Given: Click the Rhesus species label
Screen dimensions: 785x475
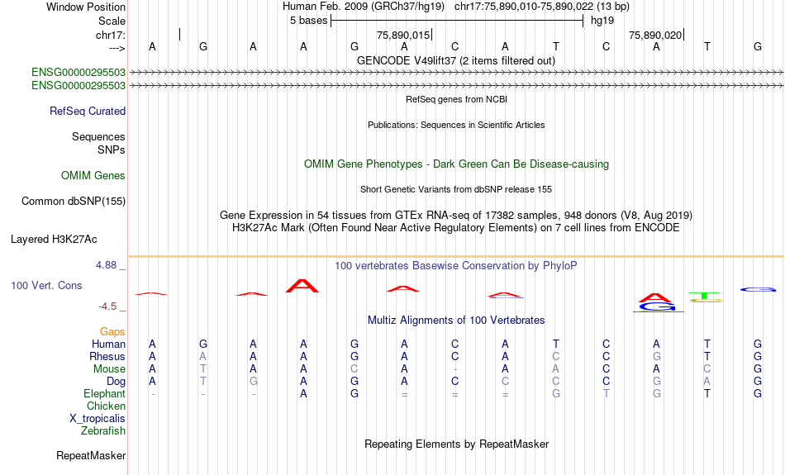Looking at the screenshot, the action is click(x=107, y=356).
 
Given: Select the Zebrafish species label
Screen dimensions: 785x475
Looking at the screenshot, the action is click(x=103, y=430).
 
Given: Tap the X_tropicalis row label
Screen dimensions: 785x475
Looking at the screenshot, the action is click(x=98, y=419).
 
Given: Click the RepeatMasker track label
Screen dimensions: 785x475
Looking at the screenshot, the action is click(x=91, y=455).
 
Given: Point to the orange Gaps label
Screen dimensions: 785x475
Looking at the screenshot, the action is click(x=112, y=331).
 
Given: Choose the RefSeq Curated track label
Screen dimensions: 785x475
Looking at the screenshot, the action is click(x=88, y=112).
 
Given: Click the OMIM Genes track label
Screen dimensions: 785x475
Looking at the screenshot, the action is click(x=93, y=176).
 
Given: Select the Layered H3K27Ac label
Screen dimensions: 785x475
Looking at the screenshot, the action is click(x=54, y=240).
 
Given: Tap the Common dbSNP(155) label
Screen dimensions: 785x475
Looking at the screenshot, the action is click(x=74, y=202).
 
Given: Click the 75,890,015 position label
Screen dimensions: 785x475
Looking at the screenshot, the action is click(x=403, y=35).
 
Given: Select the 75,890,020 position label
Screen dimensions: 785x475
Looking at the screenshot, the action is click(x=655, y=35).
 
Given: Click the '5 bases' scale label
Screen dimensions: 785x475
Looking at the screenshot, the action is click(x=308, y=21).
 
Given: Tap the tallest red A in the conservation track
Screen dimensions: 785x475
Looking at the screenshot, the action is click(x=302, y=286).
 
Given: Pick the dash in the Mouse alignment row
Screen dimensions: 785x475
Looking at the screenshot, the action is click(x=454, y=369).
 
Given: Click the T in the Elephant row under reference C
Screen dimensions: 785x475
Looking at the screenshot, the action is click(x=606, y=394).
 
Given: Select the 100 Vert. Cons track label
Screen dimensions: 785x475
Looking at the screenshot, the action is click(x=46, y=285).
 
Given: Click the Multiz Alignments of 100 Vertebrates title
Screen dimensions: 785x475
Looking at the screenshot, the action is click(x=456, y=321).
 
